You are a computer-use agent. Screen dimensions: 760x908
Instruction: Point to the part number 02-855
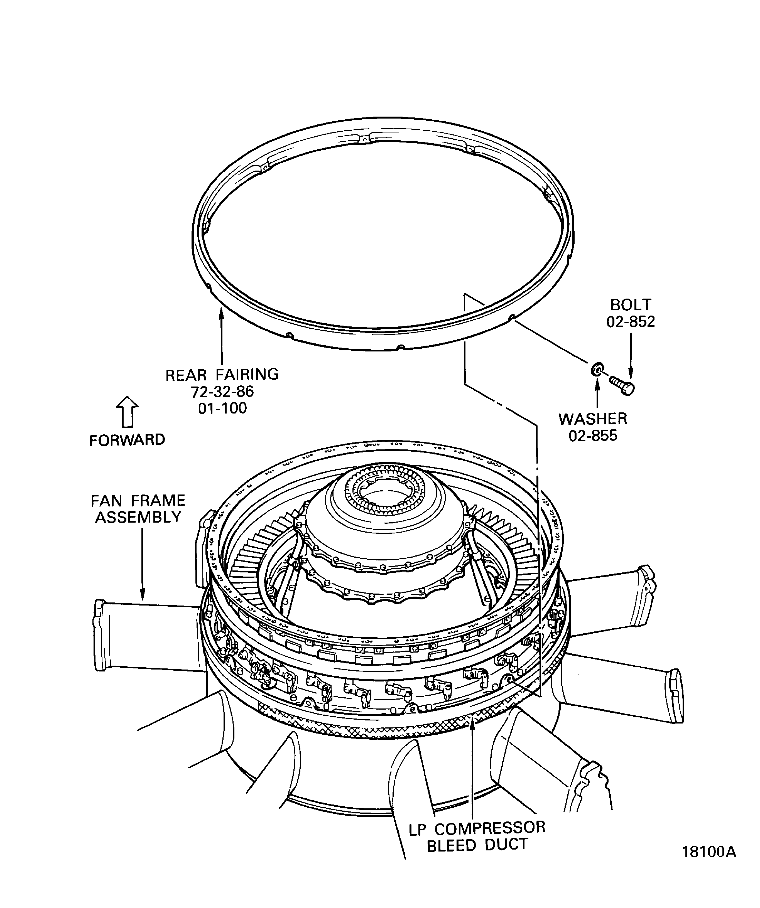click(x=593, y=435)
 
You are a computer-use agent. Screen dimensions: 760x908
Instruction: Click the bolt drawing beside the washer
click(x=622, y=385)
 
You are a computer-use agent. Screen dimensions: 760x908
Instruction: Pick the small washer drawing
click(x=597, y=370)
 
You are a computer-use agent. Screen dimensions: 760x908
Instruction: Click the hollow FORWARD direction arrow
click(x=128, y=411)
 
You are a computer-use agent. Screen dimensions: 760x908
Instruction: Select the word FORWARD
click(x=127, y=440)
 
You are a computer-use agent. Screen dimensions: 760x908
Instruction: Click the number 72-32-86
click(x=222, y=391)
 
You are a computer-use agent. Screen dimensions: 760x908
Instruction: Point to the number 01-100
click(x=222, y=408)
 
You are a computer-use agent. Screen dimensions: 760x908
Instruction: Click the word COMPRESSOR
click(x=490, y=828)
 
